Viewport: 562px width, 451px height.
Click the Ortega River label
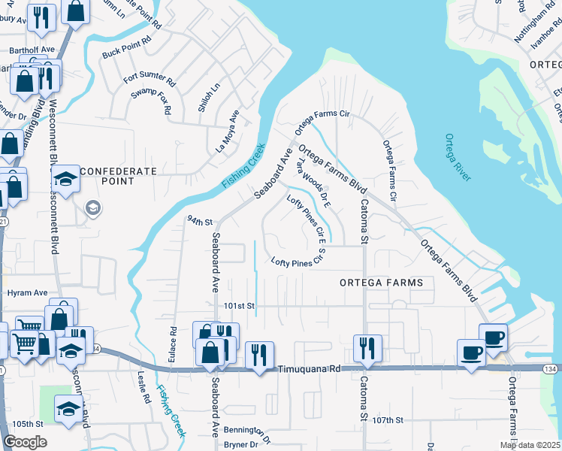tap(458, 157)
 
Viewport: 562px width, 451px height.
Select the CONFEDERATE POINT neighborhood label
tap(118, 171)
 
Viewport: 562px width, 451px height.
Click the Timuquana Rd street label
tap(309, 370)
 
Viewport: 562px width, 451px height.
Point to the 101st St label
tap(240, 306)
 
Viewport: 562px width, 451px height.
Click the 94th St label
tap(200, 222)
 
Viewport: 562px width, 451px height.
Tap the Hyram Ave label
tap(27, 292)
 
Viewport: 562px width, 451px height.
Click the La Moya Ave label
tap(227, 131)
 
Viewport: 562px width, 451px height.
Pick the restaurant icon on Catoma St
tap(368, 347)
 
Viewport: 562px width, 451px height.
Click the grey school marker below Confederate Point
tap(93, 207)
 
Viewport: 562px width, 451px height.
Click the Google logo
tap(26, 442)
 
